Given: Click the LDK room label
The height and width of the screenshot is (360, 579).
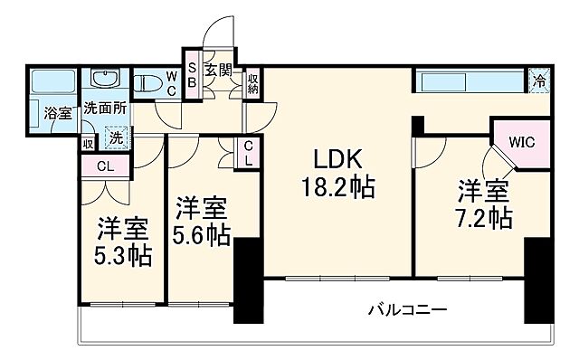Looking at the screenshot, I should coord(337,160).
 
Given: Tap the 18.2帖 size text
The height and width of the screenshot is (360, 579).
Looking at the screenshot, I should coord(337,188).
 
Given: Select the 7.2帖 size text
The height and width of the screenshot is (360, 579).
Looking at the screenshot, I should coord(483,217).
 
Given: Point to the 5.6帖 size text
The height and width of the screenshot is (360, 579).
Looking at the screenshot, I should coord(201,233).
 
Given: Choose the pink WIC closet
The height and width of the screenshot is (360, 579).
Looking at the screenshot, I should coord(520,143).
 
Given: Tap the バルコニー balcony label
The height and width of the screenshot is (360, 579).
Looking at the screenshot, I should coord(406,310).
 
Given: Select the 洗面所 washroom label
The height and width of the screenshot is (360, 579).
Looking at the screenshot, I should coord(105,107).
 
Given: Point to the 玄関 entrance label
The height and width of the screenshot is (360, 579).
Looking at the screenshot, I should coord(217,68).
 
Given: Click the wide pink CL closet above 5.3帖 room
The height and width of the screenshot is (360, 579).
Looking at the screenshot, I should coord(106,166).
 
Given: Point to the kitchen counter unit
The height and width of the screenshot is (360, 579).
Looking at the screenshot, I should coord(470,81).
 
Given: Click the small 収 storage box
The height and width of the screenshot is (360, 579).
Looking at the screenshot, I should coord(88,142).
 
